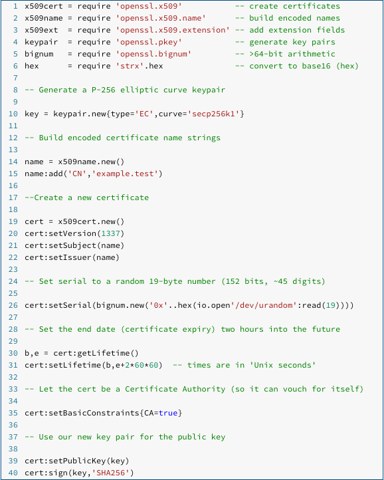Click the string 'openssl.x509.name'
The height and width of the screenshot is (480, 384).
[161, 18]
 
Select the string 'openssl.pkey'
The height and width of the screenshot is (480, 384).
[149, 42]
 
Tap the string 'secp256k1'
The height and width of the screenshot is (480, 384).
[213, 114]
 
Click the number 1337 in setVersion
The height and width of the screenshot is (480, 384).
[110, 233]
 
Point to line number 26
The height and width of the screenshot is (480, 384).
[13, 305]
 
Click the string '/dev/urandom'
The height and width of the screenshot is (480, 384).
[264, 305]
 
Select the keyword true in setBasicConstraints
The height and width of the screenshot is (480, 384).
[168, 413]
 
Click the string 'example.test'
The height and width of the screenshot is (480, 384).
[127, 174]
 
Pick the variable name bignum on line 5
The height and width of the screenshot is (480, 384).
[39, 55]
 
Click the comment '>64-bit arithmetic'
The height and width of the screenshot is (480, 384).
[292, 55]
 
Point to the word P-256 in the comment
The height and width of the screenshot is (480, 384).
[104, 90]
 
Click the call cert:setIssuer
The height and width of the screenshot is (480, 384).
[58, 257]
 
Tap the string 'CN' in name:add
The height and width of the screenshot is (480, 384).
[77, 174]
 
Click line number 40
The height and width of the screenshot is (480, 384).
[13, 473]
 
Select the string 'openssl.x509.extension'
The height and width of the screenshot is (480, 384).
[173, 30]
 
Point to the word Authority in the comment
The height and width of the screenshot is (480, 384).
[204, 389]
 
